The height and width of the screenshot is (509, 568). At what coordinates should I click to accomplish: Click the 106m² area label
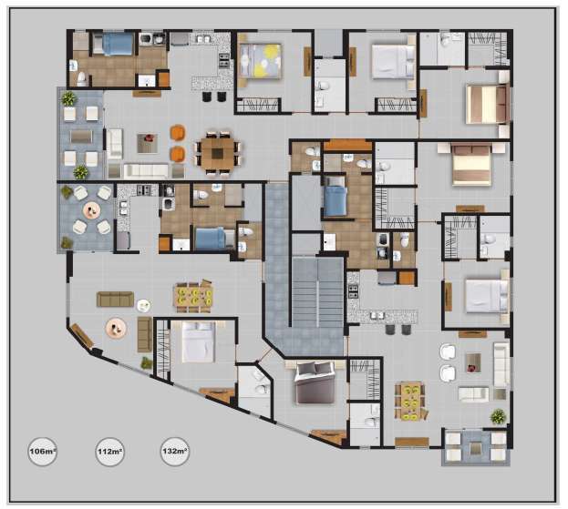click(x=43, y=451)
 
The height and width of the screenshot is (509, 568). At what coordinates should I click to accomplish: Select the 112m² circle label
click(x=109, y=452)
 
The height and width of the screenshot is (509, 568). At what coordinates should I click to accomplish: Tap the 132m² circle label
click(x=175, y=451)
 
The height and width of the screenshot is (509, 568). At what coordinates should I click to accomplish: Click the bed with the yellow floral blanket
click(x=261, y=60)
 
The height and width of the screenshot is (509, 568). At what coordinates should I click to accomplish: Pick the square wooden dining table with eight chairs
click(x=218, y=154)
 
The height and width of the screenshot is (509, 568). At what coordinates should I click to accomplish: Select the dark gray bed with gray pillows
click(x=315, y=382)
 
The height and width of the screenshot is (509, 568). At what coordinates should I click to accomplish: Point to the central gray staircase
click(x=317, y=291)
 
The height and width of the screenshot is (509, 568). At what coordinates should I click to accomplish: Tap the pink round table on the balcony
click(x=92, y=209)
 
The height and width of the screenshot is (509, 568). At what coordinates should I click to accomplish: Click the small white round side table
click(x=144, y=306)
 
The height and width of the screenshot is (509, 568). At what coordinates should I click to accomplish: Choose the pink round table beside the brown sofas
click(x=116, y=328)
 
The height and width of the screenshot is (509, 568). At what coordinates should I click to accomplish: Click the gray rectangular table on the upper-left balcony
click(x=81, y=136)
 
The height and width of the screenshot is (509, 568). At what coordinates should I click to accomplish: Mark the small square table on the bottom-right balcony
click(x=476, y=448)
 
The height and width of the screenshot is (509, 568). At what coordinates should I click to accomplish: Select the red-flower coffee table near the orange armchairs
click(x=148, y=143)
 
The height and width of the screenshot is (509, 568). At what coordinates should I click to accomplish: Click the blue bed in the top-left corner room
click(x=113, y=44)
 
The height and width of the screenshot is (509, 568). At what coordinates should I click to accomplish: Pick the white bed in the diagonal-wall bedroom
click(x=199, y=341)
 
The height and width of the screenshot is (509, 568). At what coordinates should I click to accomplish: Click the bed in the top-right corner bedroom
click(x=487, y=104)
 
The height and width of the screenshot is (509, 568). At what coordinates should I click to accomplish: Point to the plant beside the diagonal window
click(x=147, y=362)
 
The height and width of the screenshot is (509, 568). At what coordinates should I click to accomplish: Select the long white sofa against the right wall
click(x=502, y=364)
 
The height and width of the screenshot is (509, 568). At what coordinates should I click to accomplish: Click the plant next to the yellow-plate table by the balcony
click(x=498, y=416)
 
